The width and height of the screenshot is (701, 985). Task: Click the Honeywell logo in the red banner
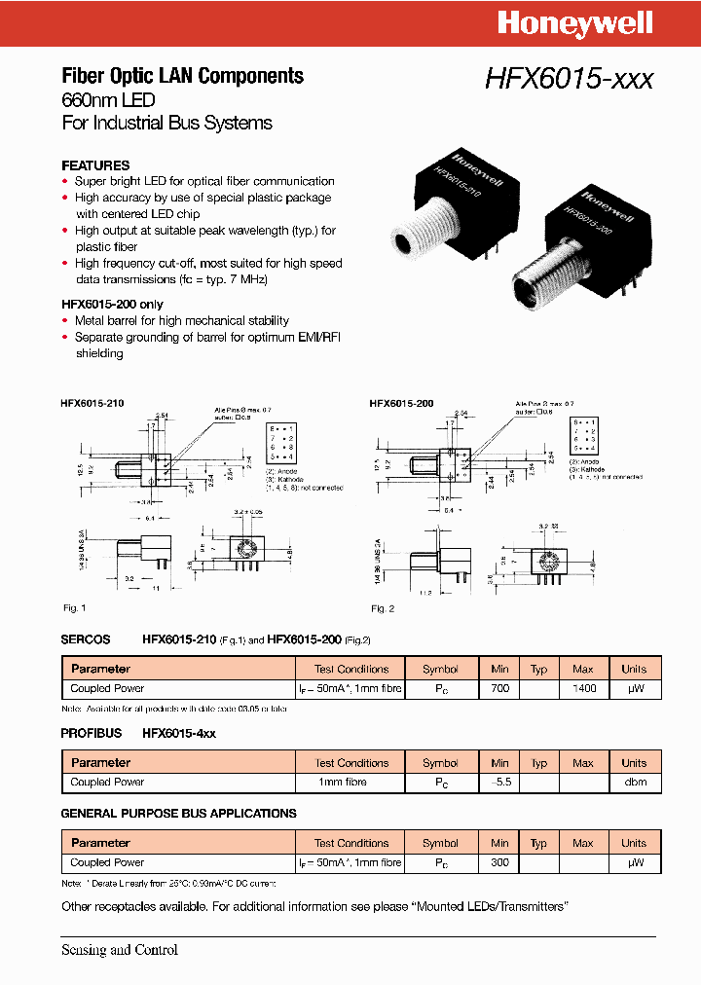point(574,23)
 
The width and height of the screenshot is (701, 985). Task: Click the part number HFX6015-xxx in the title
point(569,80)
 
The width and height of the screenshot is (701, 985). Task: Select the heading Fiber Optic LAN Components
point(182,76)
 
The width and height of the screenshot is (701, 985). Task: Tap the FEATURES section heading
point(95,165)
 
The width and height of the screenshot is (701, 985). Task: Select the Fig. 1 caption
point(75,608)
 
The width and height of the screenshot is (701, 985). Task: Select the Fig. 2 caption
point(382,608)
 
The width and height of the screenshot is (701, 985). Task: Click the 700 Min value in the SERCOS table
point(499,688)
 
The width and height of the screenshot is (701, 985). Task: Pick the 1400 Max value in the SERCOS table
point(582,688)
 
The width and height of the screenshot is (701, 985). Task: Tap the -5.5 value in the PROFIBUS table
point(499,783)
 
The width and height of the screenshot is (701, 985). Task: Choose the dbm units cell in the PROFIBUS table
point(634,783)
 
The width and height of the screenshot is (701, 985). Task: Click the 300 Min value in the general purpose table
point(499,862)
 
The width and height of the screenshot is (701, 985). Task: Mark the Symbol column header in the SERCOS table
point(440,670)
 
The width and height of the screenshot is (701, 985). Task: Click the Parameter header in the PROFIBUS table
point(100,763)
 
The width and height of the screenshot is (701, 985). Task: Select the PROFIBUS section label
point(92,733)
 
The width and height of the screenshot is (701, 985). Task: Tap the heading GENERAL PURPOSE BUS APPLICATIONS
point(178,814)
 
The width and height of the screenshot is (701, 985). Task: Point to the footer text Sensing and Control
point(119,950)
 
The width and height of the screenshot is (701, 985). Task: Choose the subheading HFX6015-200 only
point(112,305)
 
